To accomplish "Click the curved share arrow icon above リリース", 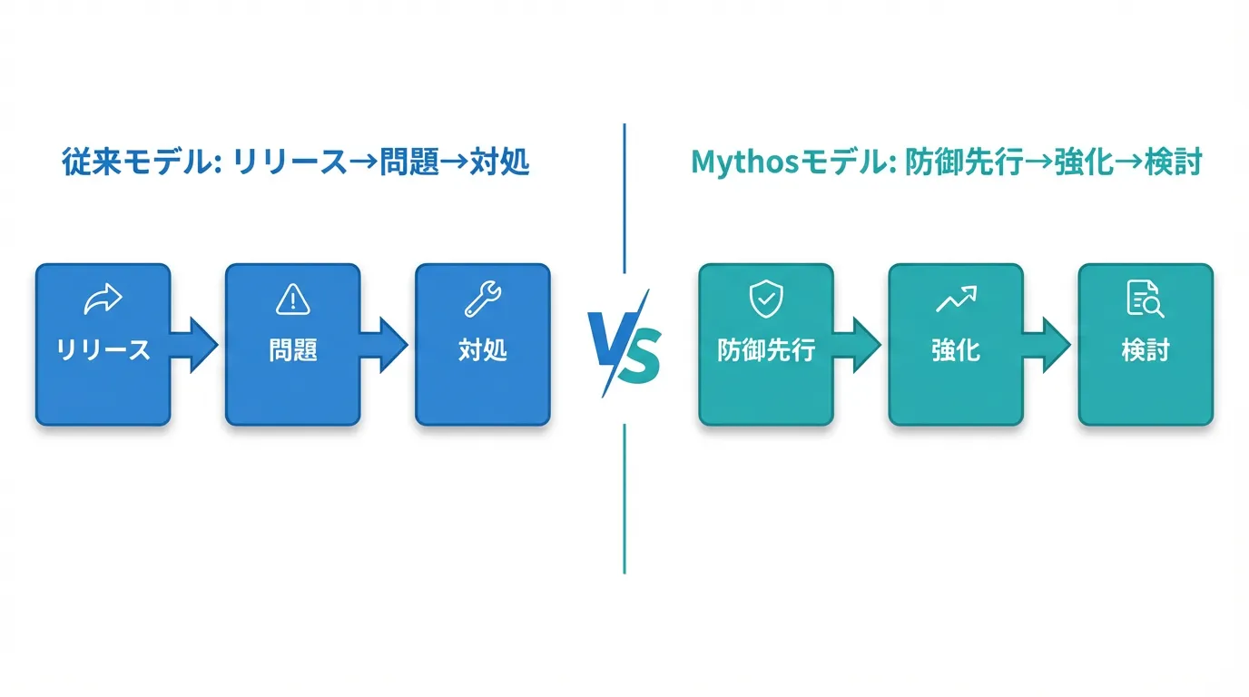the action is tap(103, 299).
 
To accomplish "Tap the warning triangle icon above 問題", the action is tap(292, 299).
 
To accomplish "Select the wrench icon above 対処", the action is tap(483, 299).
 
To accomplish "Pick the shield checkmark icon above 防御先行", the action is tap(766, 299).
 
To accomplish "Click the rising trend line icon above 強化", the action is tap(956, 299).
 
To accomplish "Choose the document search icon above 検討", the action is tap(1146, 299).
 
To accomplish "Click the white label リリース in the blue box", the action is tap(103, 350).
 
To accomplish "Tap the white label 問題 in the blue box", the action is tap(292, 350).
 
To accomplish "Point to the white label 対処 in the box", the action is tap(483, 350).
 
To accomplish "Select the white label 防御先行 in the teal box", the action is tap(766, 350).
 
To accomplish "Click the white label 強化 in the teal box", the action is tap(956, 350).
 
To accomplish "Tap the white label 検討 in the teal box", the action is tap(1146, 350).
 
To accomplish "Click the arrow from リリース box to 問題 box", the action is tap(194, 345).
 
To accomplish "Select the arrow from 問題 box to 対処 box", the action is tap(384, 345).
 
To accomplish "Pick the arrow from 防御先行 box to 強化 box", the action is tap(857, 345).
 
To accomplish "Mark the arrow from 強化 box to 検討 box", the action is tap(1047, 345).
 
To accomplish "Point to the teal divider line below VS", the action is tap(624, 499).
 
